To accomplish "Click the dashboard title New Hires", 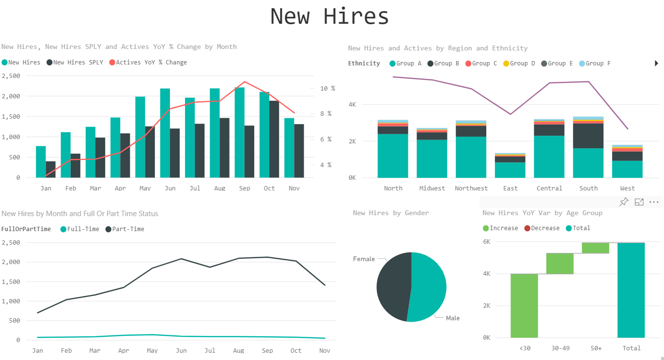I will (329, 16).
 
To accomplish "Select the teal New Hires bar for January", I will (41, 162).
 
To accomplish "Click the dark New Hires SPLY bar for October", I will (274, 139).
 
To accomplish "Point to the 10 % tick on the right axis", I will (327, 88).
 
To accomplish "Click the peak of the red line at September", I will (245, 82).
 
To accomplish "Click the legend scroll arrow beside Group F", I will (656, 63).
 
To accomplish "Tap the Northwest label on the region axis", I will (471, 188).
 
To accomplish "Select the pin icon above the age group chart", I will (624, 202).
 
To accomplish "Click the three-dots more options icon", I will (654, 202).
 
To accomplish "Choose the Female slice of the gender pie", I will (392, 286).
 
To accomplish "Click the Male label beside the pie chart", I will (452, 318).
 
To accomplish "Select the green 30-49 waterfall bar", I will (560, 264).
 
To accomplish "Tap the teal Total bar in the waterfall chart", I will (631, 290).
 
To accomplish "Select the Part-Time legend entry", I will (128, 229).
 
